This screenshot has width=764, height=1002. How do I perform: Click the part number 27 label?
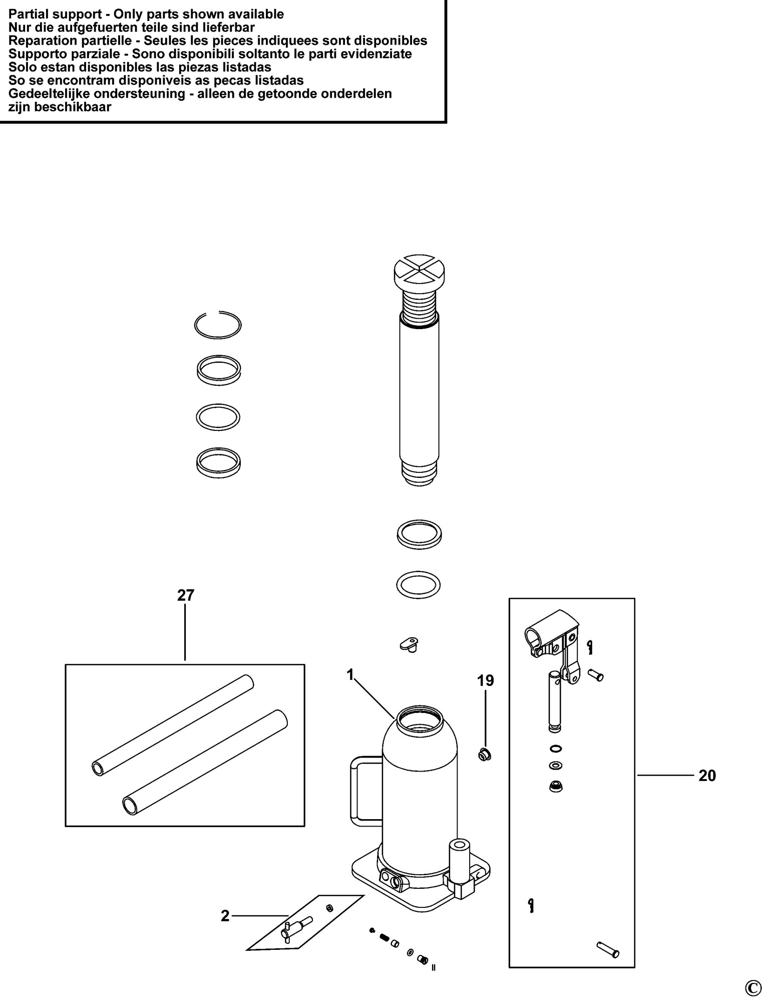[x=185, y=595]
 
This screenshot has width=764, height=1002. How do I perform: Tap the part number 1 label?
[x=350, y=675]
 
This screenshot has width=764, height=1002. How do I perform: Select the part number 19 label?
[x=485, y=680]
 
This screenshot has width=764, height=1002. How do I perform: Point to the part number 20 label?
[x=707, y=776]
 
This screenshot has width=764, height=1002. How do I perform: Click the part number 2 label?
[x=225, y=916]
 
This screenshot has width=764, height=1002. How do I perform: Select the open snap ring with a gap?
[x=218, y=325]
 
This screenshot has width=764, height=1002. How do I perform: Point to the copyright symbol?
[x=752, y=987]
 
